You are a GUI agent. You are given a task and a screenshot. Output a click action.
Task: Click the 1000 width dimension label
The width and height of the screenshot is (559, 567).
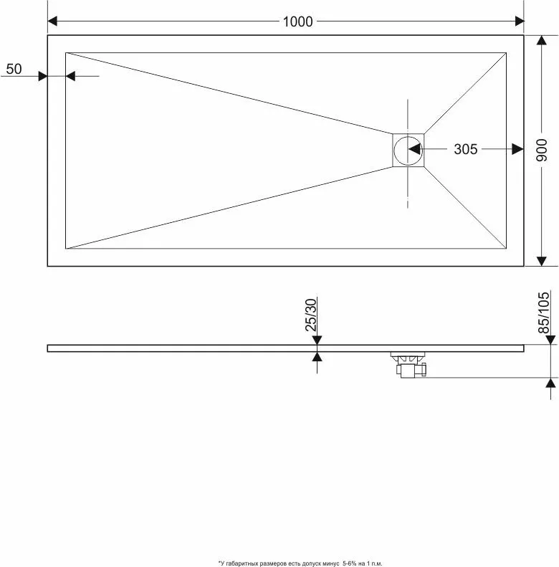297,22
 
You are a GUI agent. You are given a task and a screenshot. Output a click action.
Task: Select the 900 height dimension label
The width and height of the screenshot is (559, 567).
542,150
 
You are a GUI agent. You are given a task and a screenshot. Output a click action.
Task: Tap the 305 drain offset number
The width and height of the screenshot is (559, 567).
466,149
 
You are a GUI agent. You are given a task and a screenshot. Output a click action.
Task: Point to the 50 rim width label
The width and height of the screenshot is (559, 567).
14,69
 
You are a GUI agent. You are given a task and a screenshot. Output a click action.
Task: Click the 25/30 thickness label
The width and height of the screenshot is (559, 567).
311,315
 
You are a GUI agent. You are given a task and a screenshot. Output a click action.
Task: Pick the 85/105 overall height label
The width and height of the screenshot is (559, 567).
543,313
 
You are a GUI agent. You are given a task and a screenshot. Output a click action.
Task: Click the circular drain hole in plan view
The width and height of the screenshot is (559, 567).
408,151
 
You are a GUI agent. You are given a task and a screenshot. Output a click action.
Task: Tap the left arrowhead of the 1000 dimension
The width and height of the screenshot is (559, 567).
52,21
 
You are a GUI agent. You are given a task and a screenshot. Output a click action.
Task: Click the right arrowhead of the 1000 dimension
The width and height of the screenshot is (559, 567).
520,21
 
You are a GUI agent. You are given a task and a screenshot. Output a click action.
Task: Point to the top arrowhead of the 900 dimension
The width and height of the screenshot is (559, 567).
541,40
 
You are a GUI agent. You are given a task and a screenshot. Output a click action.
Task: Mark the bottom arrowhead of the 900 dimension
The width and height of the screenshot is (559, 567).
541,262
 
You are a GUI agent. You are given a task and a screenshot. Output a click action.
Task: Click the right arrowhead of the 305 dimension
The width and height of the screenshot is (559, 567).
518,149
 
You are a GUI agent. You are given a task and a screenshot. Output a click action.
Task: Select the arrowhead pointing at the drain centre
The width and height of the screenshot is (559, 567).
414,149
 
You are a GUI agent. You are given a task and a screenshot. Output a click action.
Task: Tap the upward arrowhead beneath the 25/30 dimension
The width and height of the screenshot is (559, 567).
317,357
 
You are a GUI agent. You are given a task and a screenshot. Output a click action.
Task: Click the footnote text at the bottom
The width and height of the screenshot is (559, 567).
300,563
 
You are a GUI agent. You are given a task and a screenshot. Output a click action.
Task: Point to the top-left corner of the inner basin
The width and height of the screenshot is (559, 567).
66,53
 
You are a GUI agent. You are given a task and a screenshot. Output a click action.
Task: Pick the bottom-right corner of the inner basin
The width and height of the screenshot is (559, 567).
506,249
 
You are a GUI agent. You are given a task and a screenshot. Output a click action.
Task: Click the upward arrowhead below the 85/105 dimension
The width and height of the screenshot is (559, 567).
550,383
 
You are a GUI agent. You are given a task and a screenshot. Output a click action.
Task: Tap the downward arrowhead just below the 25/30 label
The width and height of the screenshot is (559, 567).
317,340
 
